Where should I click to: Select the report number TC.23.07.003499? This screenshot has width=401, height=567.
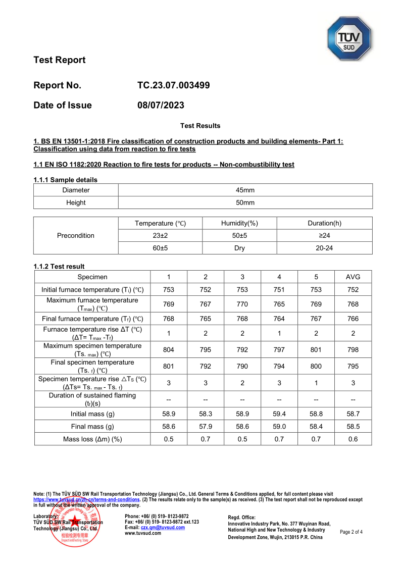point(173,85)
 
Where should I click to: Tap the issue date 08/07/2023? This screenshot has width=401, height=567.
point(161,106)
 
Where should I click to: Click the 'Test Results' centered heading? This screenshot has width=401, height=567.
point(200,126)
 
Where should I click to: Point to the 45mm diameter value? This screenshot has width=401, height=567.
point(245,190)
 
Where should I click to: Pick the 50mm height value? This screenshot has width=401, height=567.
point(245,203)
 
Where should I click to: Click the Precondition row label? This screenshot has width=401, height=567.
point(76,236)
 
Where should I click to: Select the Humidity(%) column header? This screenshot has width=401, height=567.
point(239,223)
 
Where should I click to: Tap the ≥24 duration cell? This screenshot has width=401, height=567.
point(324,236)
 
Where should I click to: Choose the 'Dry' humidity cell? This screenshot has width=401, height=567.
point(239,248)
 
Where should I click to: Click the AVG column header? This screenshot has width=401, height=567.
point(353,277)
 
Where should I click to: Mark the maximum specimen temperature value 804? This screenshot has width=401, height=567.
point(169,350)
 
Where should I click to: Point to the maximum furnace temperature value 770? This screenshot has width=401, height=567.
point(242,304)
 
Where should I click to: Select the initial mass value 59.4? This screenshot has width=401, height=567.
point(279,414)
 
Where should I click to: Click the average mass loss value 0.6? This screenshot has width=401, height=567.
point(353,439)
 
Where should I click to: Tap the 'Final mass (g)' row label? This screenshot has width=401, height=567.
point(92,427)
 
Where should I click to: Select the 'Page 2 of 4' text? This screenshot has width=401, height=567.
point(351,532)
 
